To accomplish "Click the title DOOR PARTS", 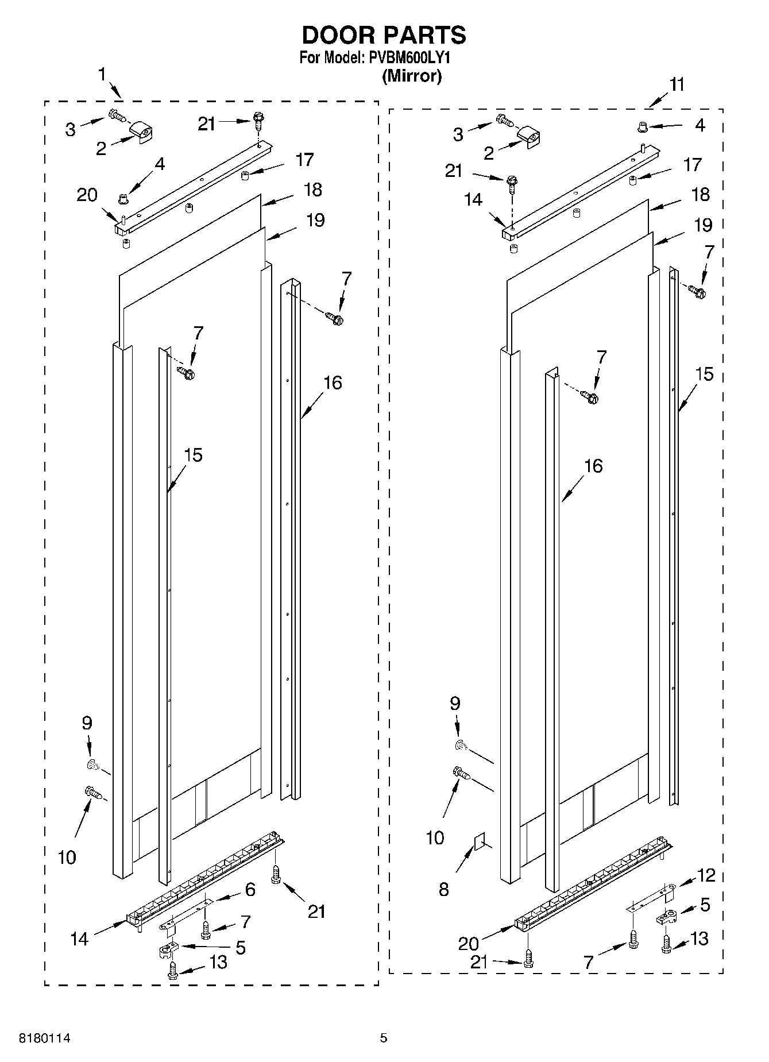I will point(384,36).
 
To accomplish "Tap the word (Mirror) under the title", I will point(412,76).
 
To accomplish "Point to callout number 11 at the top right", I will point(677,84).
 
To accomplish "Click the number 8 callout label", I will point(443,890).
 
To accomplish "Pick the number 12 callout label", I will point(706,875).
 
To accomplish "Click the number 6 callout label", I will point(250,890).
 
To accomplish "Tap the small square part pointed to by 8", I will point(478,843).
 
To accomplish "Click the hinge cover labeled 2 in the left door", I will point(142,133).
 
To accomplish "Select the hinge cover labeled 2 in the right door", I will point(530,137).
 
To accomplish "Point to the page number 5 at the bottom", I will point(384,1038).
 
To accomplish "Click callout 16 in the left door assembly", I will point(333,383).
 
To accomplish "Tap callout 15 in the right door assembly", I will point(704,374).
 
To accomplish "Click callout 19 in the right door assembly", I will point(704,225).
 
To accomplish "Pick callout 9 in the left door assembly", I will point(87,723).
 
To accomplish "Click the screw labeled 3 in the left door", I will point(118,115).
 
